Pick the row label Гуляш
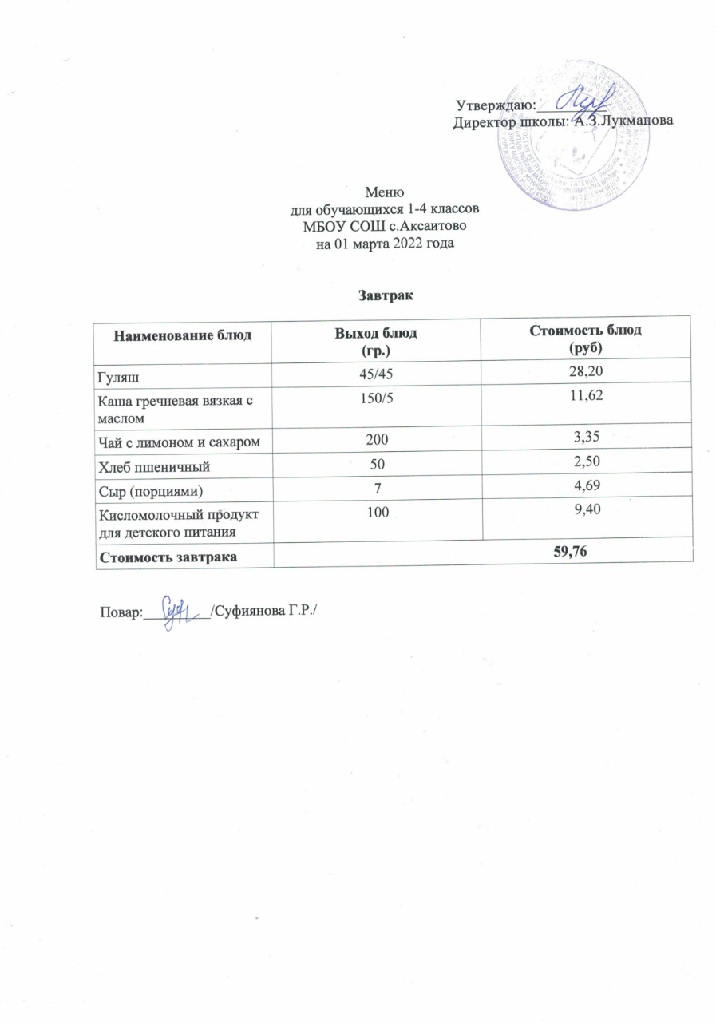click(115, 372)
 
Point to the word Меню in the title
click(378, 192)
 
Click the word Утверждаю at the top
click(489, 105)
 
